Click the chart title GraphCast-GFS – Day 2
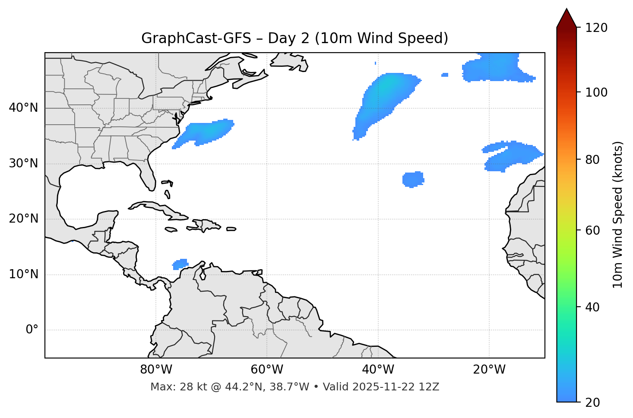point(294,38)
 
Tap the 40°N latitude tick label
point(23,108)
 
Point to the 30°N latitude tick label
point(23,163)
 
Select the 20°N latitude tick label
point(23,219)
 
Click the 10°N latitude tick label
point(23,274)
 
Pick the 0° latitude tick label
point(32,330)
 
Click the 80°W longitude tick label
point(156,370)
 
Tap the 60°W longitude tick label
point(267,370)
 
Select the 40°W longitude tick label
point(378,370)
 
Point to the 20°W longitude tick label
point(489,370)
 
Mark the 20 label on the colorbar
point(593,402)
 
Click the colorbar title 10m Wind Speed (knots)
point(618,214)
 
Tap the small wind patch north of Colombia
point(180,264)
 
